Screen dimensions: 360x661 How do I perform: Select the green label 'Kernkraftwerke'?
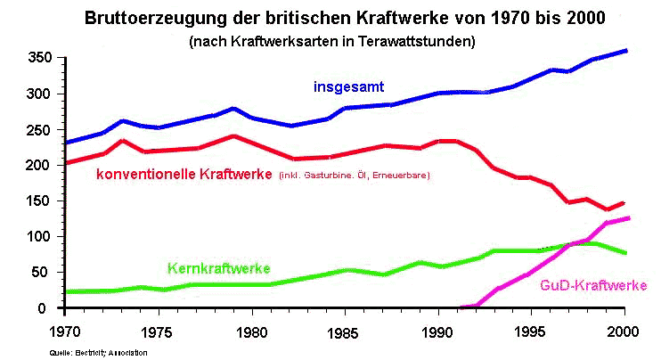click(218, 267)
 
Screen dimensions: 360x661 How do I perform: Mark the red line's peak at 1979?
click(233, 136)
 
